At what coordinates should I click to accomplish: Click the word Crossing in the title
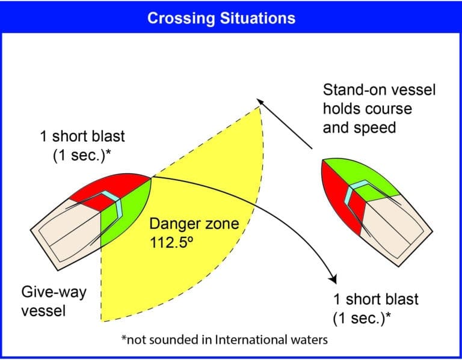pyautogui.click(x=181, y=19)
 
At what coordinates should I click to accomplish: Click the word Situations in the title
pyautogui.click(x=257, y=18)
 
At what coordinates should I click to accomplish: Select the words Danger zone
pyautogui.click(x=194, y=224)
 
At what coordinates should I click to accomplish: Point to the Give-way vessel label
pyautogui.click(x=54, y=301)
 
